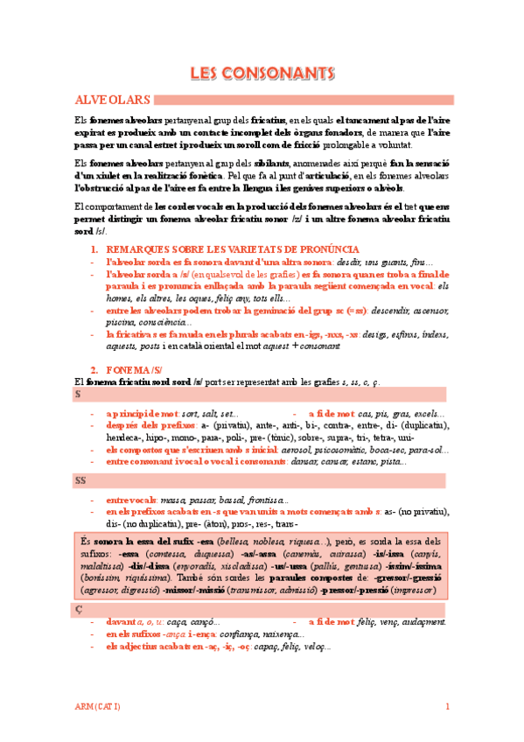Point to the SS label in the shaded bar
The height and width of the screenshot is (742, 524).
(x=80, y=480)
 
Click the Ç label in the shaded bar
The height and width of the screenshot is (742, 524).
(x=78, y=606)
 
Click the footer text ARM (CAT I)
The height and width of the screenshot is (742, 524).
(x=97, y=706)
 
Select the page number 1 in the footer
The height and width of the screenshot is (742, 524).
(x=447, y=706)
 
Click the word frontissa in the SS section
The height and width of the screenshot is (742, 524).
(x=263, y=498)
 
